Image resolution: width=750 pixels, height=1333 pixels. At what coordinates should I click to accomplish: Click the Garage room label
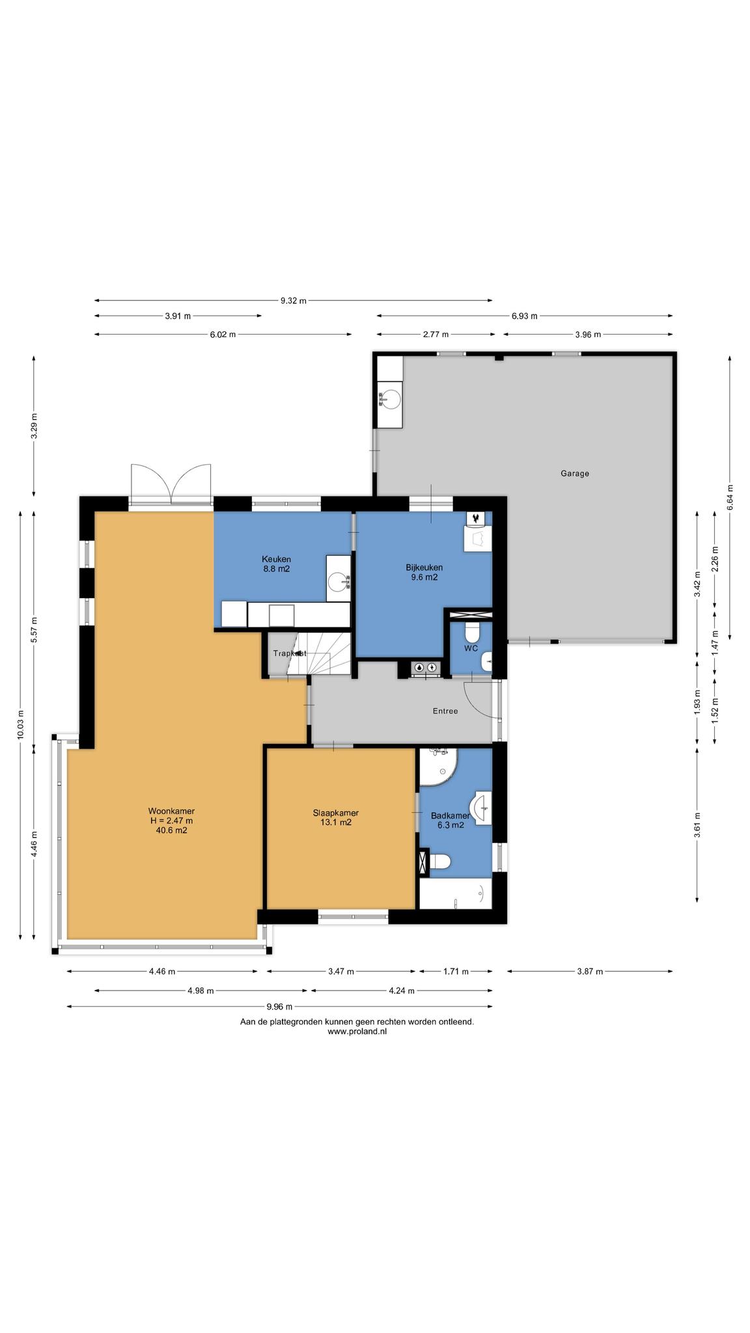coord(575,473)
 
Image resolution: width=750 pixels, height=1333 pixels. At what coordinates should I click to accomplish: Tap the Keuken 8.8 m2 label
coord(276,564)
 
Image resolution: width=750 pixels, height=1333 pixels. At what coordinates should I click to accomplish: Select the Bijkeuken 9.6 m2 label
coord(424,572)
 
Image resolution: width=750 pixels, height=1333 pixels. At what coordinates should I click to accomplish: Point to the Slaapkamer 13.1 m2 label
coord(336,818)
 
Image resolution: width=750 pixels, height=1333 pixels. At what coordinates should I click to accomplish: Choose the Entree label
coord(445,711)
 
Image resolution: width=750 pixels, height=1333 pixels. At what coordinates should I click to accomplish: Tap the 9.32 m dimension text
coord(294,301)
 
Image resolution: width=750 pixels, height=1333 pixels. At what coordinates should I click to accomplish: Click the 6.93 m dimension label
coord(525,316)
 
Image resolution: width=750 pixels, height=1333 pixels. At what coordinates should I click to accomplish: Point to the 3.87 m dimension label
coord(590,972)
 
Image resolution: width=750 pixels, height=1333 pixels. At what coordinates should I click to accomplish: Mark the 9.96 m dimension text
coord(279,1007)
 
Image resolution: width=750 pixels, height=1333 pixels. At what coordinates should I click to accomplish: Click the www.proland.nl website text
coord(357,1032)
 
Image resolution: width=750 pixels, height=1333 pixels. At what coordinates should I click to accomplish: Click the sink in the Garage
coord(391,398)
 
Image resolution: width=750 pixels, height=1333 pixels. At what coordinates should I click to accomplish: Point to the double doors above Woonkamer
coord(171,484)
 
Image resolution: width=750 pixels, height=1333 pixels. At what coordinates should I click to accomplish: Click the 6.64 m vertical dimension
coord(730,497)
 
